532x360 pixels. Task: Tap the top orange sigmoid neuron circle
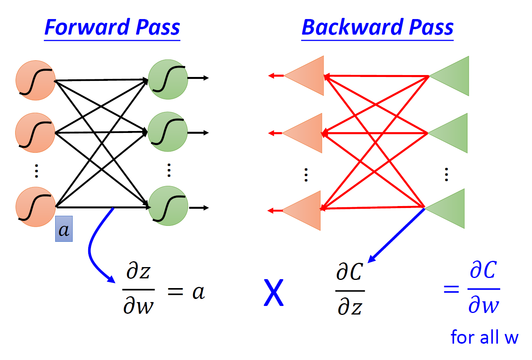point(35,80)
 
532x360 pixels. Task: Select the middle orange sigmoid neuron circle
point(35,133)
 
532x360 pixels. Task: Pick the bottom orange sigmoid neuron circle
point(35,207)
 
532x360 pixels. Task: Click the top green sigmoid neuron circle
point(168,79)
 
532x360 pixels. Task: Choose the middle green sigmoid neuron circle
point(167,131)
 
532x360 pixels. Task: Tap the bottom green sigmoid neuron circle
point(168,206)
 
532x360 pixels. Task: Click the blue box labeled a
point(64,229)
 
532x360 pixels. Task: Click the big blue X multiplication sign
point(274,293)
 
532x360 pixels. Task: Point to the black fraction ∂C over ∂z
point(350,290)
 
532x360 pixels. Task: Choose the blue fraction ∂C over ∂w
point(483,288)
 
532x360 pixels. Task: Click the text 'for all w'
point(484,337)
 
